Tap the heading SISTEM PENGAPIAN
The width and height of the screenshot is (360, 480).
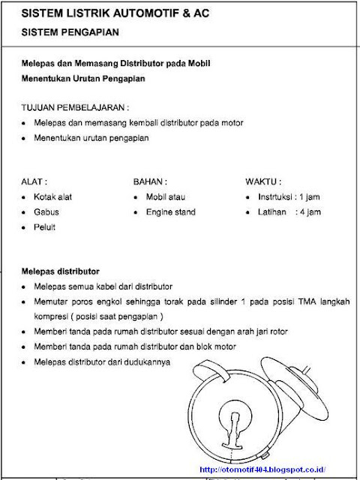[67, 34]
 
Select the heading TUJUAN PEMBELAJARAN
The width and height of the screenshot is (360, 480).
[70, 106]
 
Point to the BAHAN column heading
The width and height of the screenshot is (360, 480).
[150, 181]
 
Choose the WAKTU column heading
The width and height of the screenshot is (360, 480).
[263, 181]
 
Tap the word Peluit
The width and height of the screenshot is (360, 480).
[46, 226]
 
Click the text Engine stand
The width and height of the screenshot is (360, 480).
[170, 212]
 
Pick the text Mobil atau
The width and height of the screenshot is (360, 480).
[165, 196]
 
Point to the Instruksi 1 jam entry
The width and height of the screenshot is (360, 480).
[287, 196]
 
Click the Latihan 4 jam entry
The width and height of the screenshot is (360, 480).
[287, 212]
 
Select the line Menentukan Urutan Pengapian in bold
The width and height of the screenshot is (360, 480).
[82, 78]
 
